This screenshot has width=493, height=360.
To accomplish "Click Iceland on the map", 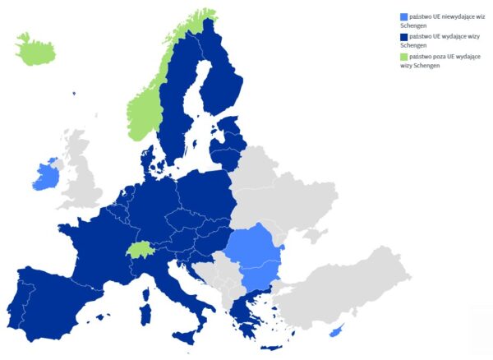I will tap(35, 51).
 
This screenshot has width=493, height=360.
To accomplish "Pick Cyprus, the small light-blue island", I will tap(336, 330).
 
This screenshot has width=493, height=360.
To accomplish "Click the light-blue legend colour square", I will tap(403, 16).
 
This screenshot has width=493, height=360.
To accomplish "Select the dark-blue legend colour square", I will tap(403, 37).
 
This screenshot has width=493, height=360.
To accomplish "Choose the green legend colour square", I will tap(403, 57).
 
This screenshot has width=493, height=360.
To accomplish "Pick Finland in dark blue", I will tap(220, 78).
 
